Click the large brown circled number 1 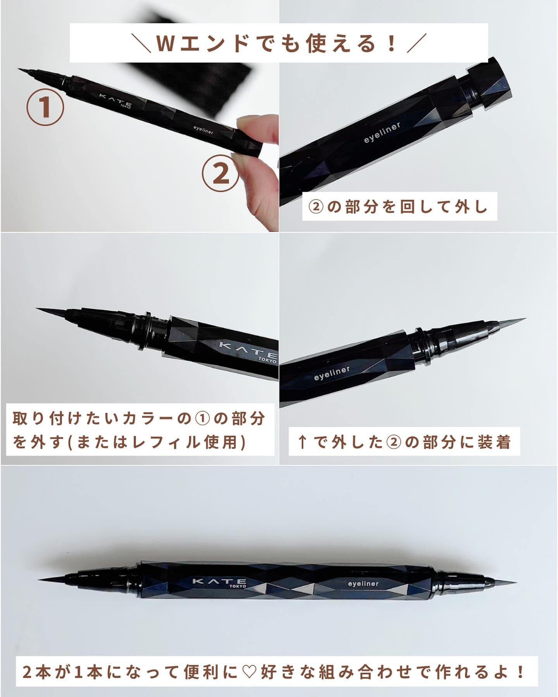(45, 107)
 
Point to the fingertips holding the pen (258, 170)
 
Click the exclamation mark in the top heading (392, 44)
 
